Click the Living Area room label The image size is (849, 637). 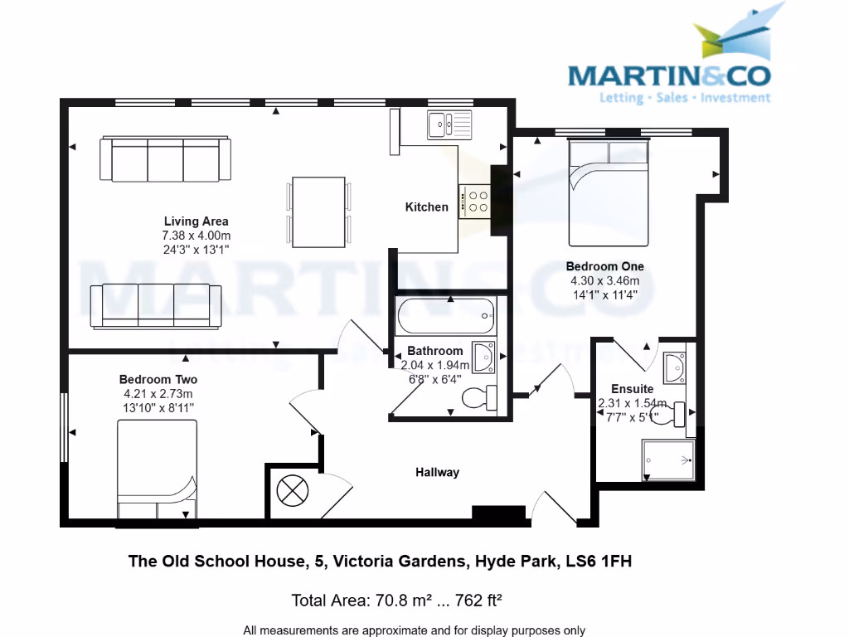pyautogui.click(x=196, y=221)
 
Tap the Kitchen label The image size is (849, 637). pyautogui.click(x=426, y=207)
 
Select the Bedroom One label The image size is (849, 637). pyautogui.click(x=604, y=266)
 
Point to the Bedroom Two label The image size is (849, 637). pyautogui.click(x=158, y=380)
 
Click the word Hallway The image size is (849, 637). pyautogui.click(x=437, y=472)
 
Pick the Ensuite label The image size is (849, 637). pyautogui.click(x=632, y=388)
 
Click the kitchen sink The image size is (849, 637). pyautogui.click(x=449, y=124)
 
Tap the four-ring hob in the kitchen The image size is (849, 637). pyautogui.click(x=478, y=202)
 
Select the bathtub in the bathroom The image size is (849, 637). pyautogui.click(x=446, y=316)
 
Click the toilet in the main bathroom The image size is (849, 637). pyautogui.click(x=479, y=398)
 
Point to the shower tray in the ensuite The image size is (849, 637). pyautogui.click(x=667, y=460)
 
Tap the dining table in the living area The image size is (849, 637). pyautogui.click(x=318, y=212)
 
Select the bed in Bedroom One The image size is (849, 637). pyautogui.click(x=609, y=192)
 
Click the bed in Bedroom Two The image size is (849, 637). pyautogui.click(x=157, y=471)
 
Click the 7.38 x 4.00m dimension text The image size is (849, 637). pyautogui.click(x=196, y=236)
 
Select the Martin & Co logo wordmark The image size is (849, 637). pyautogui.click(x=669, y=76)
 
